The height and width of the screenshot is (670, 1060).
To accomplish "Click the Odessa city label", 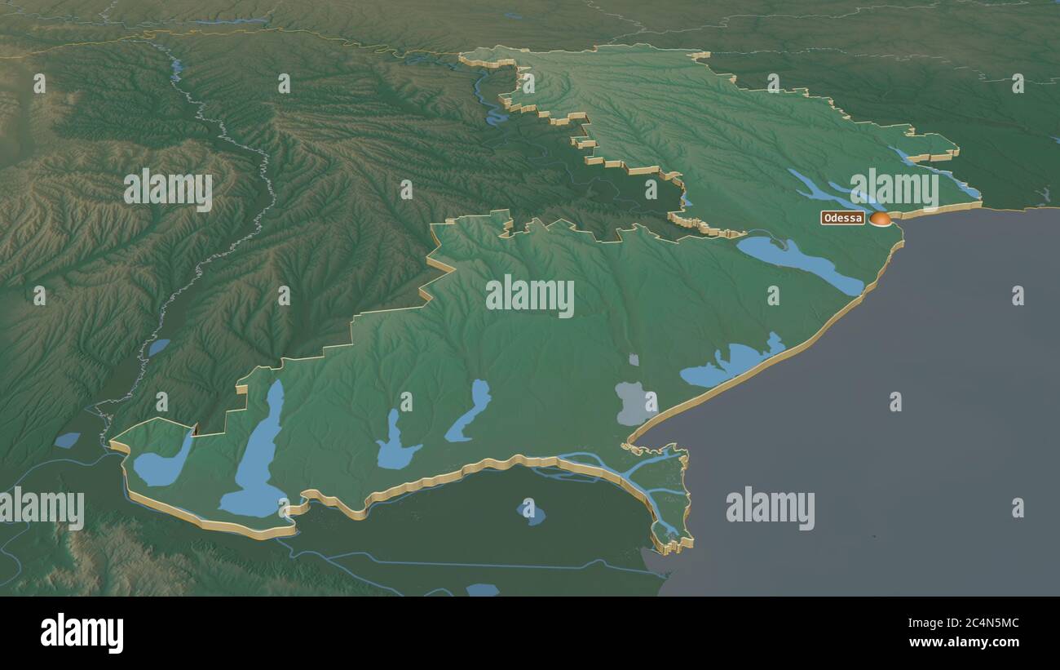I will click(x=842, y=218).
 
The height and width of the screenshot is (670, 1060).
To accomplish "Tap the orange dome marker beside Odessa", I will click(x=879, y=218).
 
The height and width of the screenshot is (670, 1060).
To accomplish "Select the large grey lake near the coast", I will click(x=633, y=403).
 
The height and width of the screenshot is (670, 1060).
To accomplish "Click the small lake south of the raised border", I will click(x=531, y=513).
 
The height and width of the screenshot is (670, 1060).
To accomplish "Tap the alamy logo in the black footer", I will click(x=82, y=633).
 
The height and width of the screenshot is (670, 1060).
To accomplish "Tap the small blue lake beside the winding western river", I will click(x=158, y=347).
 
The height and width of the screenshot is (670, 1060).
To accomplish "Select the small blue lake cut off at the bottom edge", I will click(x=482, y=589).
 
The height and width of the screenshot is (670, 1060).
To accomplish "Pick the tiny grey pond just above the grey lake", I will click(x=634, y=359).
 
